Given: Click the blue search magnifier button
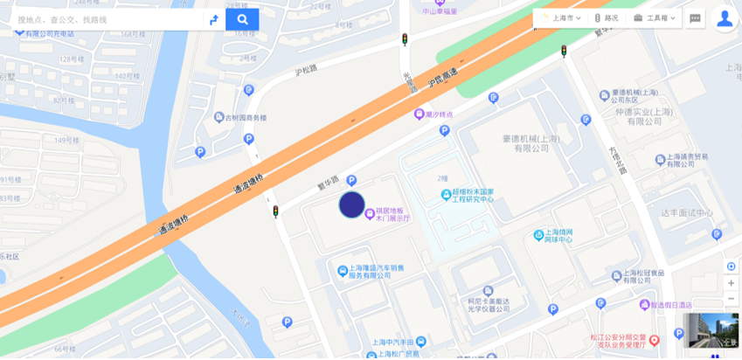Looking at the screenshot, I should [242, 19].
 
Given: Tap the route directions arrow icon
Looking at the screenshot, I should [213, 19].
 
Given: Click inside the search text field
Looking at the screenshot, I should [105, 19].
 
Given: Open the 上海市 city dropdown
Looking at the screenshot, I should [560, 17].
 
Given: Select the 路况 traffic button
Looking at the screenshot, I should [606, 17].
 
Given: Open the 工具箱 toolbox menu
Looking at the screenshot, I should [655, 17].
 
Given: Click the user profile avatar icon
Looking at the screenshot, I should [725, 18].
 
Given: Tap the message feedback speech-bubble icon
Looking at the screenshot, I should [695, 18].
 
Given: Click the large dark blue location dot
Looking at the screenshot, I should [351, 204].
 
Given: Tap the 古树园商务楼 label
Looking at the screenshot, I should [246, 117].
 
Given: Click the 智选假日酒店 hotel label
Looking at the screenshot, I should [671, 305].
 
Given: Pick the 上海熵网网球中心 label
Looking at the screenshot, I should [553, 235].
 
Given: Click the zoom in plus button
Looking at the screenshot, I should [731, 282].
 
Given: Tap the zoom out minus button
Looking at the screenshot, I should [731, 298].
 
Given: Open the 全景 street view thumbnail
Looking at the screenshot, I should [711, 330].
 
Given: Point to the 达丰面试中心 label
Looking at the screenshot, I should [686, 212].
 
